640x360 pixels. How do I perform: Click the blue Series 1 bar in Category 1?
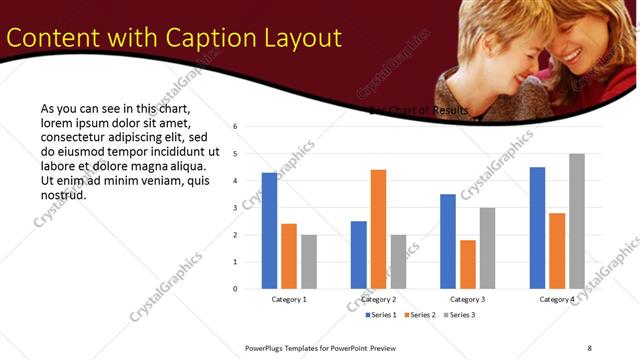pos(269,231)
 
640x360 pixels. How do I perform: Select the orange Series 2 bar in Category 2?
pos(378,229)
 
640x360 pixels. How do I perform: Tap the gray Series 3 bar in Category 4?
pos(577,221)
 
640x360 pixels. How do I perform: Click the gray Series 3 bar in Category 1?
pos(309,262)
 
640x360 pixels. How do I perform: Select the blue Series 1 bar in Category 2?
pos(358,255)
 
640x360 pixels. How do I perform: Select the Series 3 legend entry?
pos(456,315)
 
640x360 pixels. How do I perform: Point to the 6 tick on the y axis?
pos(234,127)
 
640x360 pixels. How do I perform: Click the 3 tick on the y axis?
pos(234,208)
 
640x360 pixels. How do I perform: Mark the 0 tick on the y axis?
pos(234,289)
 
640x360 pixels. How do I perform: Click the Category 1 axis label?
pos(289,299)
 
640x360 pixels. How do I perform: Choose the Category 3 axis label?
pos(468,299)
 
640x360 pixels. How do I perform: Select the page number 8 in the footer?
pos(589,348)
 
